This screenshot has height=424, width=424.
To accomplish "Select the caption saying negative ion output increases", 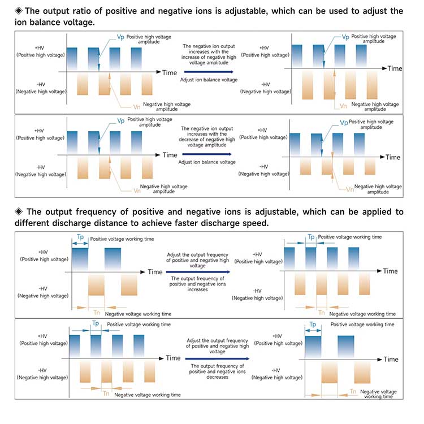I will pos(208,54).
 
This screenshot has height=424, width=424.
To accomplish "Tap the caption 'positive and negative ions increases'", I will pos(197,284).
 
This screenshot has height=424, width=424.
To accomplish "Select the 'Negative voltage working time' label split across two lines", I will pos(378,393).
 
